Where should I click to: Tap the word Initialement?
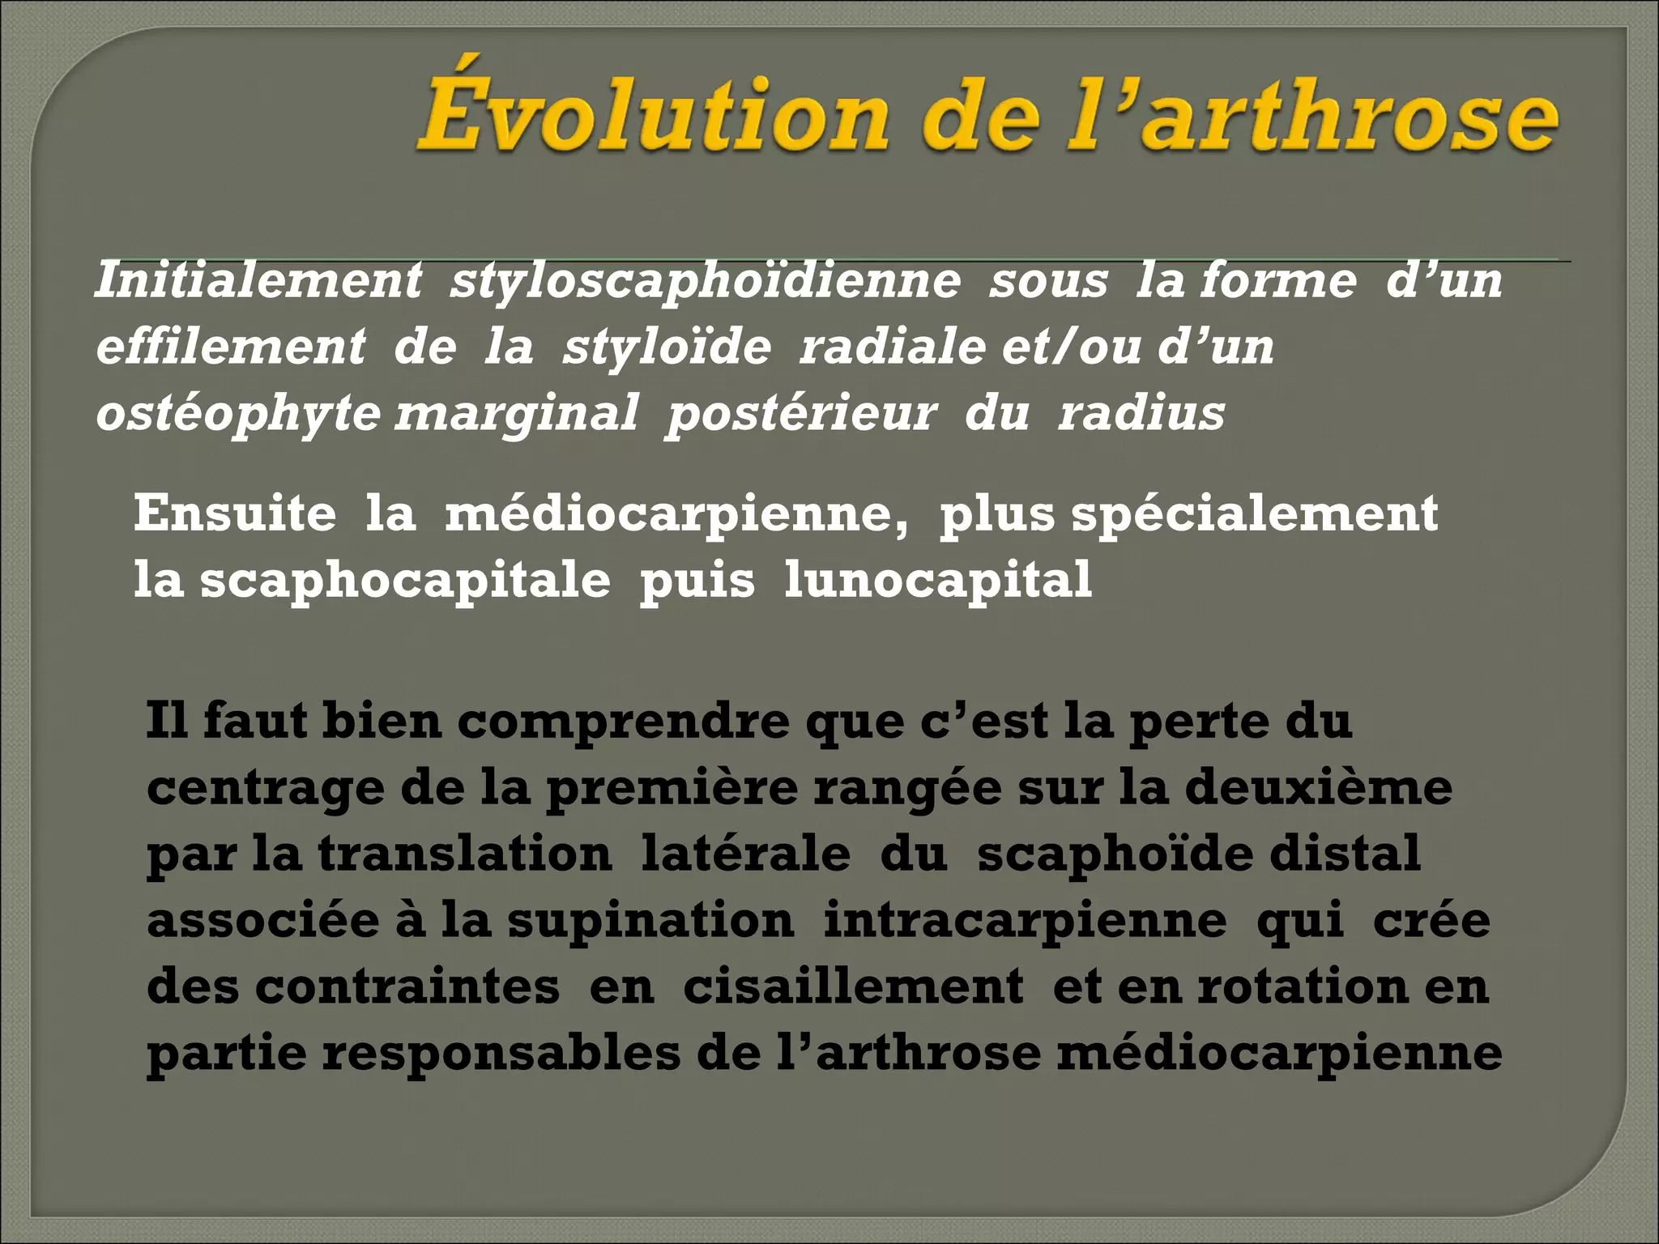coord(258,280)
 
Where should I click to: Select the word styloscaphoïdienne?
coord(705,280)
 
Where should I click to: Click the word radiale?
coord(892,347)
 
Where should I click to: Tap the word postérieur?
coord(800,413)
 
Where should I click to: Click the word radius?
coord(1141,413)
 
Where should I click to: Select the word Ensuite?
coord(235,513)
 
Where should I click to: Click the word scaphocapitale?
coord(405,579)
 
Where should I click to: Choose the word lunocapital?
coord(938,579)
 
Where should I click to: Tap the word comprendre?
coord(623,721)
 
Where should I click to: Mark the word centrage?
coord(265,787)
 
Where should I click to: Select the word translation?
coord(464,854)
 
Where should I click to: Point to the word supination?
coord(650,920)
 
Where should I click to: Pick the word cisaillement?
coord(853,986)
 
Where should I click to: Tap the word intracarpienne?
coord(1025,920)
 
